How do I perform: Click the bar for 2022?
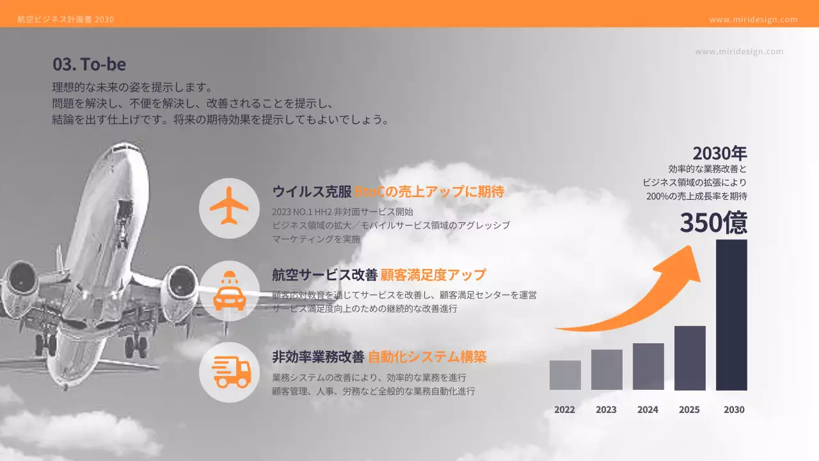(x=565, y=375)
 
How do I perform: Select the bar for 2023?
(x=607, y=369)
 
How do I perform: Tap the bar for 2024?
(x=648, y=366)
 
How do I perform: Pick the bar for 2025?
(x=690, y=358)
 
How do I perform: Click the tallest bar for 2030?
(x=731, y=314)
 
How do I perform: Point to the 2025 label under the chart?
(x=689, y=410)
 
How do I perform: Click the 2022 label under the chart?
(x=564, y=410)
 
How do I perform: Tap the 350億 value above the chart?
(x=713, y=223)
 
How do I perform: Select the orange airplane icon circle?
(x=229, y=207)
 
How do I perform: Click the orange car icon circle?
(x=229, y=291)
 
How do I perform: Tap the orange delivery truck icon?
(x=229, y=372)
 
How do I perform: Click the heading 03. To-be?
(x=89, y=64)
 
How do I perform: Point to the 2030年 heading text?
(x=719, y=153)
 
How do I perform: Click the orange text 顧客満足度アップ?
(x=433, y=275)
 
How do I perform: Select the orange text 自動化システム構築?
(x=432, y=357)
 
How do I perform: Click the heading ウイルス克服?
(x=312, y=191)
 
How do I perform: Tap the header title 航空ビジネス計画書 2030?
(x=66, y=19)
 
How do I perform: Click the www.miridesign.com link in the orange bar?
(x=753, y=19)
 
